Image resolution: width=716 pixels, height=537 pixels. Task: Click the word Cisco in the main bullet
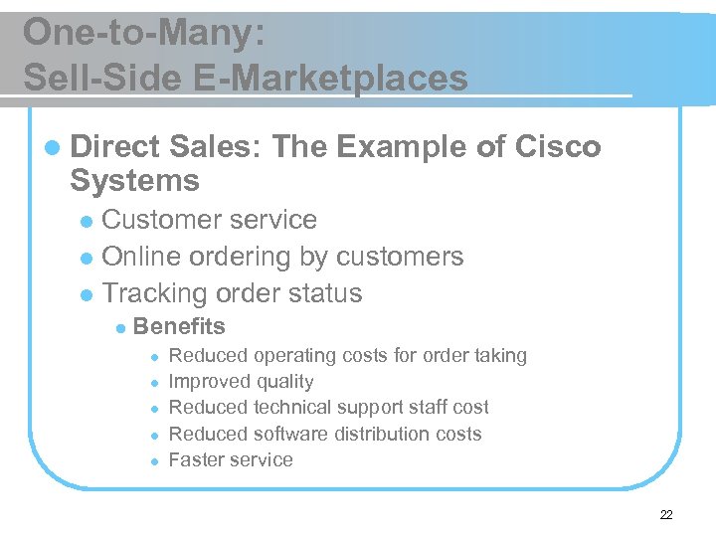point(559,147)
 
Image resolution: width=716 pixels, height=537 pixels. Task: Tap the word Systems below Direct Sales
point(134,181)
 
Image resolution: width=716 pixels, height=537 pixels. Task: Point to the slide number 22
point(665,514)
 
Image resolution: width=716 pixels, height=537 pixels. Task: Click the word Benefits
point(179,326)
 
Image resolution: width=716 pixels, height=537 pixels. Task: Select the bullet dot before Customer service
point(88,221)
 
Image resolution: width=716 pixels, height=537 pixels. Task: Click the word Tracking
point(155,293)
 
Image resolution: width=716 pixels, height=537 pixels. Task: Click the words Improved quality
point(241,381)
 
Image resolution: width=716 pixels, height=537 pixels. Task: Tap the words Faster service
point(231,459)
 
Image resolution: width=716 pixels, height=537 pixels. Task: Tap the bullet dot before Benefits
point(119,327)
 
